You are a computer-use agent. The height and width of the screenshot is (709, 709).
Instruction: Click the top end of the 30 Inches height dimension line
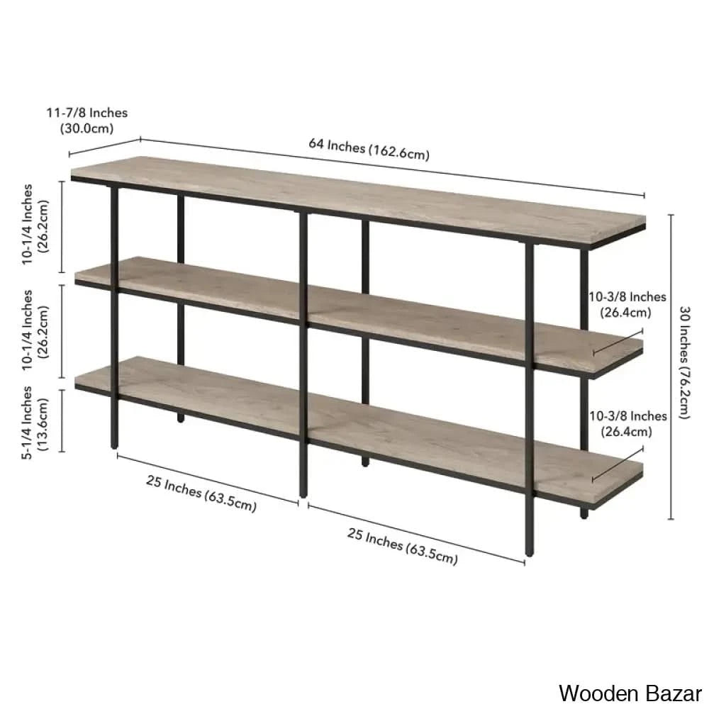click(671, 216)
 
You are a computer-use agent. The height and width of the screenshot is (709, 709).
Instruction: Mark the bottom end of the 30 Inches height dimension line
click(671, 519)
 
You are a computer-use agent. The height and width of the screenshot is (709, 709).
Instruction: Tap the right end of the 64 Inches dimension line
click(644, 196)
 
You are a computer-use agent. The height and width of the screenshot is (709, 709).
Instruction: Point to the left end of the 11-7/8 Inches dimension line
click(69, 155)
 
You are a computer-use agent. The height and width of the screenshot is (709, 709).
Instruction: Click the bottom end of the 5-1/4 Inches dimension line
click(62, 452)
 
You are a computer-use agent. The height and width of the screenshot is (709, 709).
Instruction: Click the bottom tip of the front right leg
click(530, 555)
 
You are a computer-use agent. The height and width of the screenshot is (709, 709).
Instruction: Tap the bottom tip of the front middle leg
click(303, 496)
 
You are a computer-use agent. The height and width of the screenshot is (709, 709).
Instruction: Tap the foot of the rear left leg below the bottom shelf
click(180, 418)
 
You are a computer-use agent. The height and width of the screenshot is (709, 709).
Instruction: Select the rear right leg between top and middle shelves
click(584, 289)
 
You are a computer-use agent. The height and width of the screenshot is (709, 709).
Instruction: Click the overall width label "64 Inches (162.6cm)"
click(369, 149)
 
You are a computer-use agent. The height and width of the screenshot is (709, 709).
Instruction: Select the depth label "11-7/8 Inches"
click(86, 113)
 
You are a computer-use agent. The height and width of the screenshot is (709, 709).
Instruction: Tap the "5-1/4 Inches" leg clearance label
click(27, 423)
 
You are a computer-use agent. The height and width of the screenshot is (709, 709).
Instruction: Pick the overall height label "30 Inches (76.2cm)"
click(684, 362)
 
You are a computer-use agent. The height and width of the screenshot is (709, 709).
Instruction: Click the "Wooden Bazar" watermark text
click(630, 693)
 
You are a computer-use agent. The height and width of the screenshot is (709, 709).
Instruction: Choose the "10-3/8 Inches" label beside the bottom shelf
click(627, 415)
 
